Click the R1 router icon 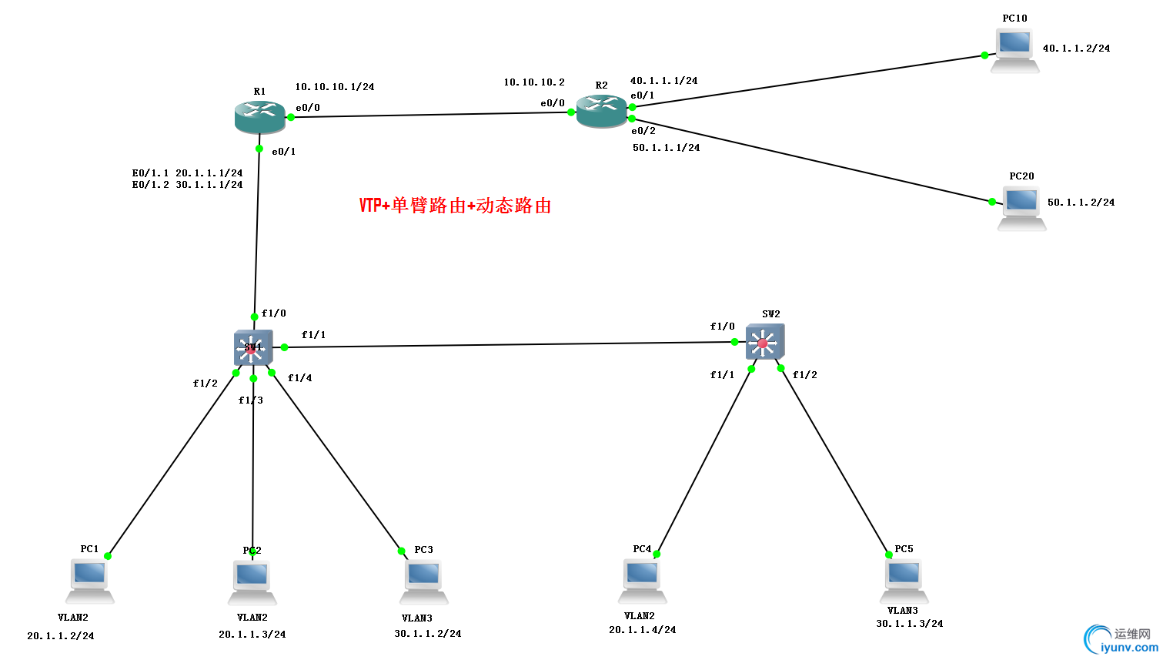pyautogui.click(x=259, y=116)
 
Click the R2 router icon pyautogui.click(x=602, y=112)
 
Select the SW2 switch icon pyautogui.click(x=764, y=342)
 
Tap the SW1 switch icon pyautogui.click(x=253, y=347)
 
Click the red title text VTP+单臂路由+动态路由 pyautogui.click(x=455, y=206)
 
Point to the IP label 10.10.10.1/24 pyautogui.click(x=335, y=87)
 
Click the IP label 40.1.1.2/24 pyautogui.click(x=1076, y=49)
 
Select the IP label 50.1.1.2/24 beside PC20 pyautogui.click(x=1081, y=203)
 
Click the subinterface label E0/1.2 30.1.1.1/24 pyautogui.click(x=187, y=185)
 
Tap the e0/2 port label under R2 pyautogui.click(x=643, y=131)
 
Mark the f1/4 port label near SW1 pyautogui.click(x=299, y=378)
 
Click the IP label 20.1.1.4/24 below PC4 pyautogui.click(x=642, y=630)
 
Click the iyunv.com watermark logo pyautogui.click(x=1120, y=640)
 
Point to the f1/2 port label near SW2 pyautogui.click(x=804, y=375)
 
